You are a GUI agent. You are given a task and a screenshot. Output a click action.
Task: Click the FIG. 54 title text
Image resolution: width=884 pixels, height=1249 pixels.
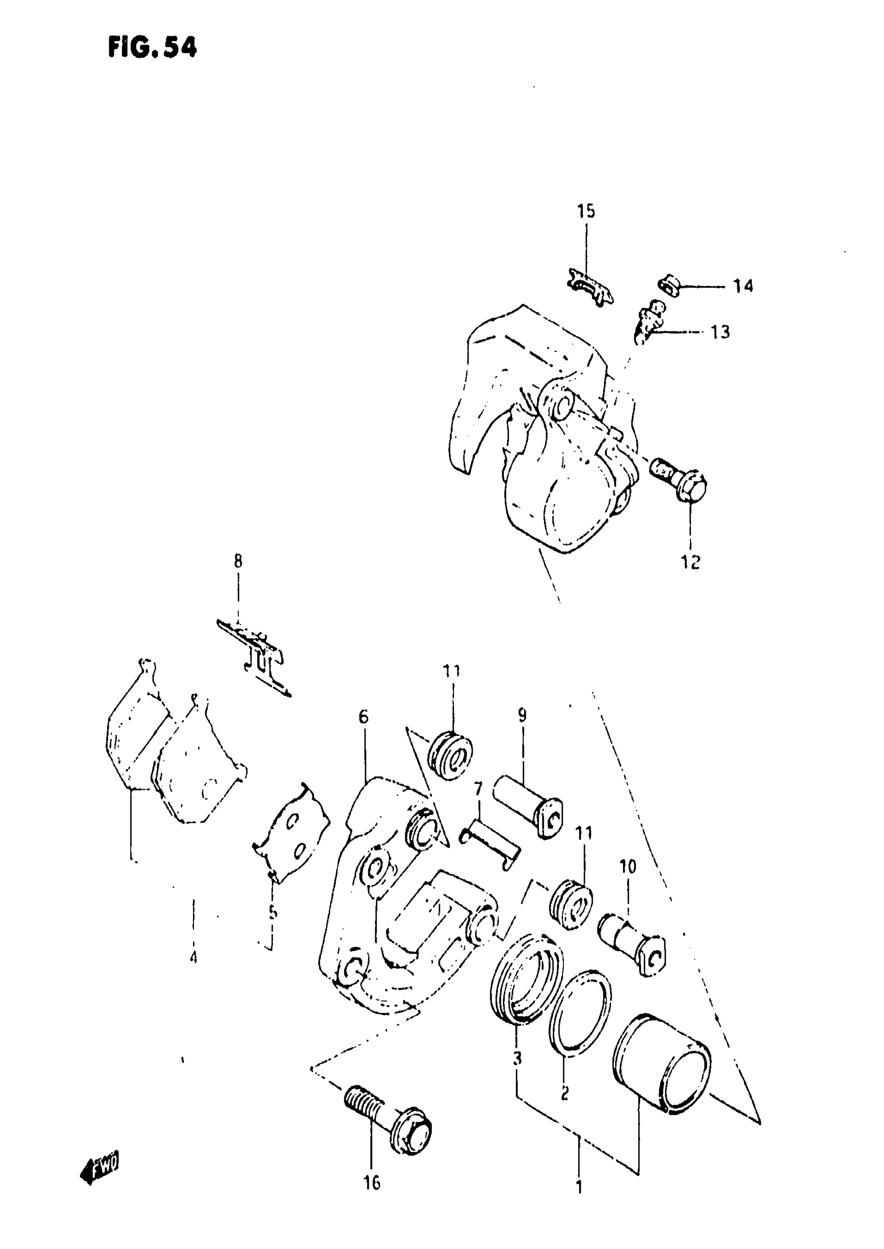pos(152,48)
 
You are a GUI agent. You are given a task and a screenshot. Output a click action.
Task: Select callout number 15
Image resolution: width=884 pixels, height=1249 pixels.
pos(586,211)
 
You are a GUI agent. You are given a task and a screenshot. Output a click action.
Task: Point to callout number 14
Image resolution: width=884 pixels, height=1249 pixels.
pos(743,285)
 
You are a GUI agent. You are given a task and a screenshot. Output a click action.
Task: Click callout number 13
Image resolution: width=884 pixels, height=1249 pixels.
pos(720,332)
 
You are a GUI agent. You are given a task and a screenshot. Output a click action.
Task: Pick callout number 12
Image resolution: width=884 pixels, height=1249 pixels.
pos(690,562)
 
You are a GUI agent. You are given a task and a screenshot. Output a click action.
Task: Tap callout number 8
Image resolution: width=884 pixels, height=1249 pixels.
pos(238,561)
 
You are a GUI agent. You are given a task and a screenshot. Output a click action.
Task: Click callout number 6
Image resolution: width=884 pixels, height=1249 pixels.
pos(363,717)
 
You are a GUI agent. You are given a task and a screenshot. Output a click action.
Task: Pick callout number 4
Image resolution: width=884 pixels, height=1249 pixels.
pos(193,956)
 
